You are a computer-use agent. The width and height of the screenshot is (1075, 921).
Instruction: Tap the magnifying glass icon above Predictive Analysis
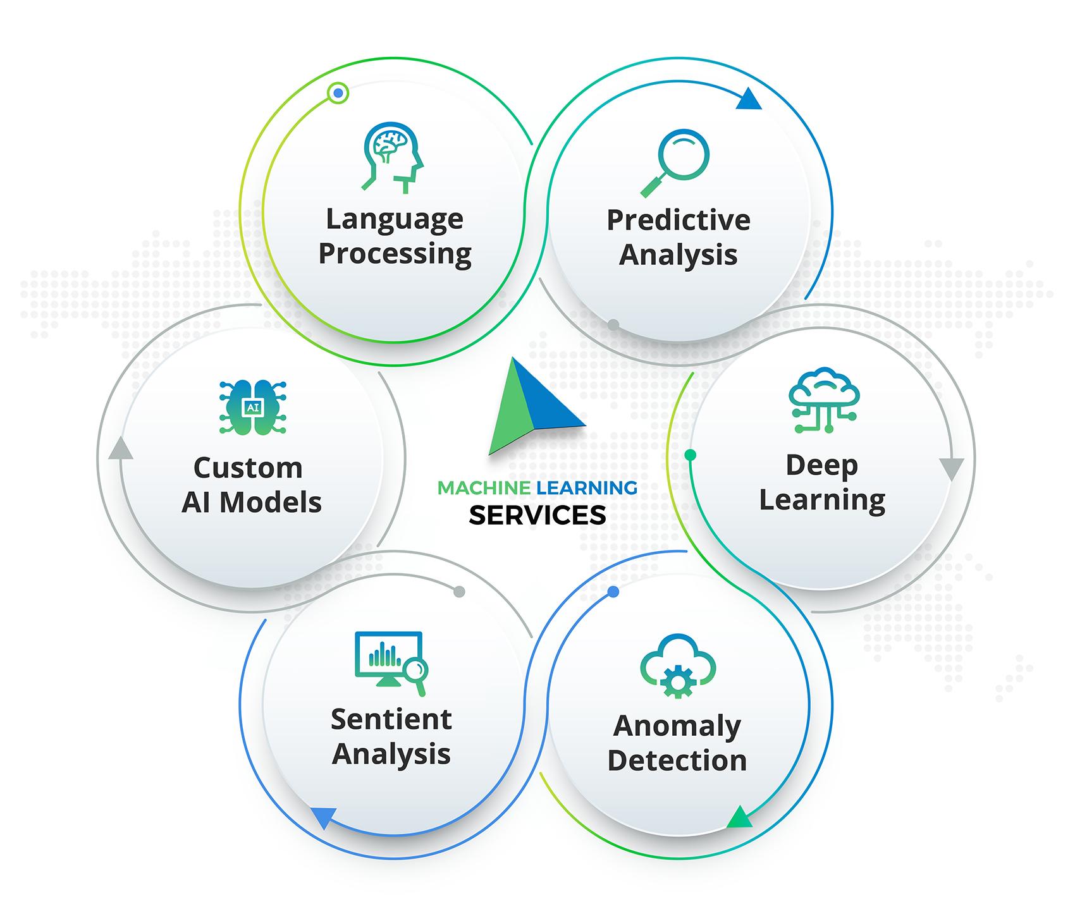pyautogui.click(x=675, y=162)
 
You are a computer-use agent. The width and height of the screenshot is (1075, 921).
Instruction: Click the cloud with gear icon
pyautogui.click(x=677, y=666)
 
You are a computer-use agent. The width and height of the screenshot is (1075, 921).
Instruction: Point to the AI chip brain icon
pyautogui.click(x=252, y=408)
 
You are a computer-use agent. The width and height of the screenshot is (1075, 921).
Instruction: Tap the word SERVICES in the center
pyautogui.click(x=537, y=516)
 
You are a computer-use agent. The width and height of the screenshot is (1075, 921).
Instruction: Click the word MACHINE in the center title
pyautogui.click(x=484, y=488)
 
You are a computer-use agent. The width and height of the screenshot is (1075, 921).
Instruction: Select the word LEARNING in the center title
pyautogui.click(x=587, y=488)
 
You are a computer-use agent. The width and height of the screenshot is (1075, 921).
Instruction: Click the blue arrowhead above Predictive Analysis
pyautogui.click(x=749, y=100)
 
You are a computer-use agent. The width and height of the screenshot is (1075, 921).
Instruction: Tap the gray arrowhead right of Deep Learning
pyautogui.click(x=951, y=469)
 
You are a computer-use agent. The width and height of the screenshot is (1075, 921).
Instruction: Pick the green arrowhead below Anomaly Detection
pyautogui.click(x=739, y=817)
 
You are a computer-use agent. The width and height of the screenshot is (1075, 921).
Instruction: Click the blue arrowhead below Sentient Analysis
pyautogui.click(x=323, y=817)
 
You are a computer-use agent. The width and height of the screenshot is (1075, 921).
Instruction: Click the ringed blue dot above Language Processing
pyautogui.click(x=338, y=94)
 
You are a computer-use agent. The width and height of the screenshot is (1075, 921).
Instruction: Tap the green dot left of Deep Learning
pyautogui.click(x=691, y=454)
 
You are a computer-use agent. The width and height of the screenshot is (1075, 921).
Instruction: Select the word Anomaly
pyautogui.click(x=677, y=726)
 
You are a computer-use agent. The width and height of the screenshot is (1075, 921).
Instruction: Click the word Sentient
pyautogui.click(x=391, y=719)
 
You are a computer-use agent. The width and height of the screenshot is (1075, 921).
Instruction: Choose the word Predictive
pyautogui.click(x=679, y=220)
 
